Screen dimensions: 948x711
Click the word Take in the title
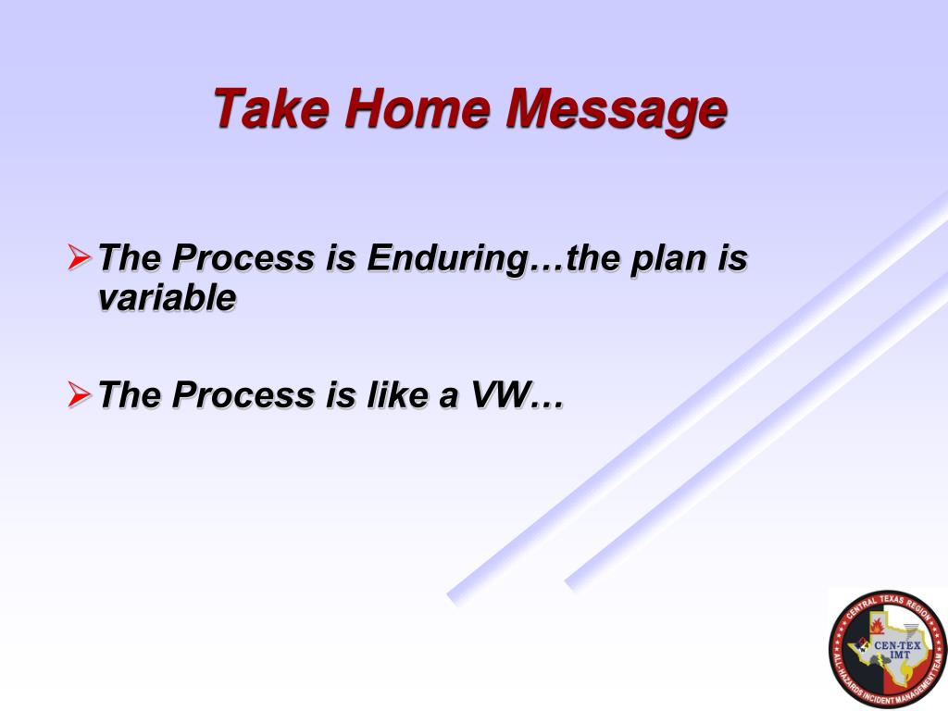[x=272, y=108]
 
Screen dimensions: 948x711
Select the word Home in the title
[x=418, y=108]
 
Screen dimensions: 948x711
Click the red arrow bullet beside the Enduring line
[x=80, y=256]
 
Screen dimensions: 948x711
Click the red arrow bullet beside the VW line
[x=80, y=394]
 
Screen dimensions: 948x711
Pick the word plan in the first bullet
[x=667, y=260]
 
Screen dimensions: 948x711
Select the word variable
[x=167, y=297]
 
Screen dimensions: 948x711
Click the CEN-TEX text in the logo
[x=897, y=645]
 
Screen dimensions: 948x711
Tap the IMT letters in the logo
[x=900, y=655]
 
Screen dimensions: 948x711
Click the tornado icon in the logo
[x=911, y=630]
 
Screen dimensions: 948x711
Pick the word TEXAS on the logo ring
[x=892, y=600]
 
